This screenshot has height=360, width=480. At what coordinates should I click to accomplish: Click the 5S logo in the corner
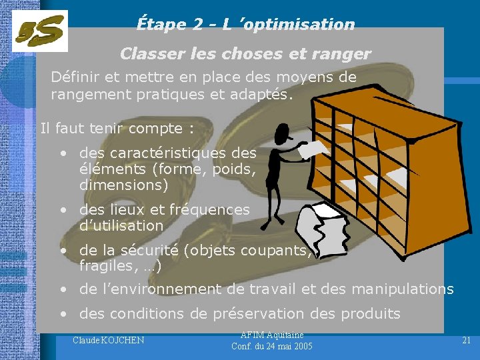[x=40, y=31]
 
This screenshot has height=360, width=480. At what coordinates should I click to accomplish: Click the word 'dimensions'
[x=124, y=185]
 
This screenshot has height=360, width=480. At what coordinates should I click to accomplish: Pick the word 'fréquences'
[x=210, y=209]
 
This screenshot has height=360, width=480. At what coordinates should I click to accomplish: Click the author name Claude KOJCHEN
[x=108, y=341]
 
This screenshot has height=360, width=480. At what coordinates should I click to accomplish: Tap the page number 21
[x=466, y=340]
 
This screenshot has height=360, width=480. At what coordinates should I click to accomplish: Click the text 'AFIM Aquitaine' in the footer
[x=271, y=335]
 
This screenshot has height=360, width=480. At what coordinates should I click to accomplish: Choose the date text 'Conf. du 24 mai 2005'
[x=271, y=346]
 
